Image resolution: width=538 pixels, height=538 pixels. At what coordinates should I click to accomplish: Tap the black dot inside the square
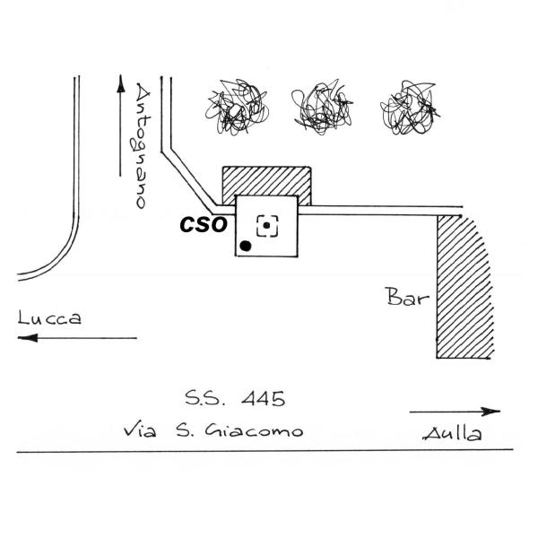coord(246,245)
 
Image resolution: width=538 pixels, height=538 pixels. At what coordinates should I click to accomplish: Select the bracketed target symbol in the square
coord(267,225)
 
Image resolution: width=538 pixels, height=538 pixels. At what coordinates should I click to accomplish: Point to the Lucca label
coord(49,318)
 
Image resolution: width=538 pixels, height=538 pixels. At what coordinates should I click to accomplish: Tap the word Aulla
coord(451,435)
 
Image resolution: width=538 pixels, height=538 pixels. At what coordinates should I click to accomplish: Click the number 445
coord(266,397)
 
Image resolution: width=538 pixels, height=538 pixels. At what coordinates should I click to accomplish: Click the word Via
coord(139,430)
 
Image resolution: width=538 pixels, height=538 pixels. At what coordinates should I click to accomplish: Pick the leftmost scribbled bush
coord(235,106)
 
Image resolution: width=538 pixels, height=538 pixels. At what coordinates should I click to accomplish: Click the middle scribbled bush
coord(320,106)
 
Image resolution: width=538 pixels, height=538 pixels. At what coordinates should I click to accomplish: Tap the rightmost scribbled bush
coord(410,106)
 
